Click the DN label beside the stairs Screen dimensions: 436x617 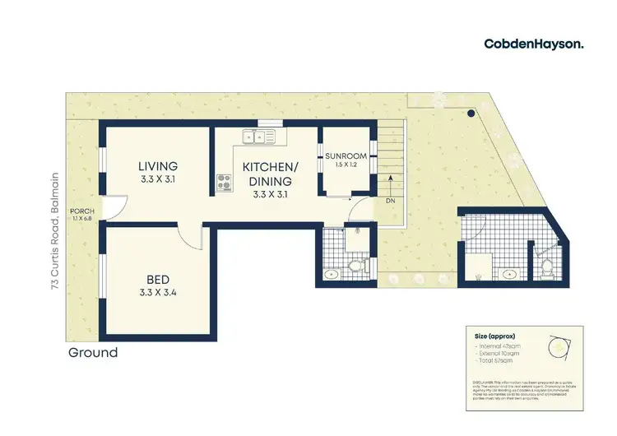click(x=390, y=200)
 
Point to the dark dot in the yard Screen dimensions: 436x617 click(x=471, y=114)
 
